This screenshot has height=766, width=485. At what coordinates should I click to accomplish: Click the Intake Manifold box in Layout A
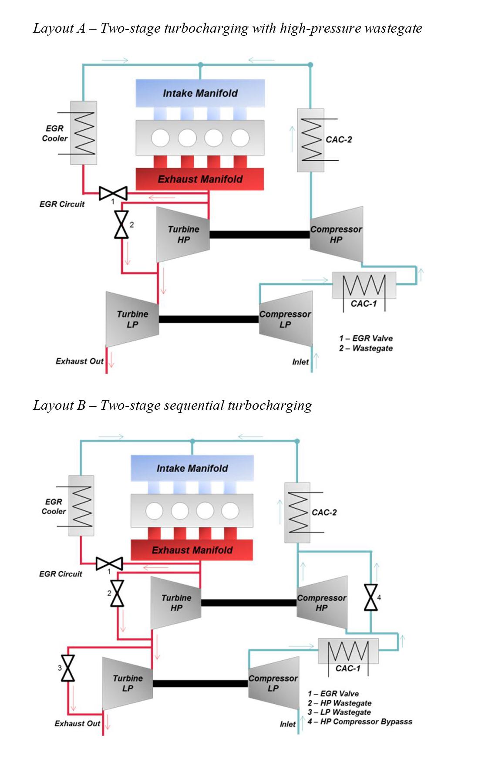[x=200, y=93]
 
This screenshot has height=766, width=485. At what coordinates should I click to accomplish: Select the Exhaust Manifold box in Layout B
[x=192, y=550]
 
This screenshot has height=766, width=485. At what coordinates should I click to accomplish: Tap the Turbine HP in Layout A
[x=183, y=235]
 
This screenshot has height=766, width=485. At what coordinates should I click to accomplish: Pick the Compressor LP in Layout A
[x=286, y=319]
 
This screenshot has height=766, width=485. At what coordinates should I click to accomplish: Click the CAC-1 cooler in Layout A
[x=364, y=286]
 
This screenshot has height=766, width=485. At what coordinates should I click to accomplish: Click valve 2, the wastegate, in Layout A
[x=121, y=225]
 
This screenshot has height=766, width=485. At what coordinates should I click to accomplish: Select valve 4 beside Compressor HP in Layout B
[x=371, y=597]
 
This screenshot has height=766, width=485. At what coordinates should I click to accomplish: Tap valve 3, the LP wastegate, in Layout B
[x=68, y=668]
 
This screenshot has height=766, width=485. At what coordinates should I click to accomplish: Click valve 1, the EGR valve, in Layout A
[x=113, y=193]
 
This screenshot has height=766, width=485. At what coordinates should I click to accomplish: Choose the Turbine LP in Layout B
[x=128, y=683]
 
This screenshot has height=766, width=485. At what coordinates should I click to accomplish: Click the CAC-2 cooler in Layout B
[x=298, y=513]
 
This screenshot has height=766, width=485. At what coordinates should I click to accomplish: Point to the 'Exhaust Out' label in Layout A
[x=80, y=361]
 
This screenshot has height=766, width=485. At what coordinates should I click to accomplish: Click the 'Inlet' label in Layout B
[x=288, y=724]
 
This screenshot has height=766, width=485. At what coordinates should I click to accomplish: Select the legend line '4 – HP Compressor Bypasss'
[x=360, y=722]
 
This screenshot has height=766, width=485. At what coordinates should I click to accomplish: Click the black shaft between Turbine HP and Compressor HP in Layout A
[x=259, y=235]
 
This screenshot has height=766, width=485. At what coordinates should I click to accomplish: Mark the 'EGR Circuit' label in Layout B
[x=61, y=574]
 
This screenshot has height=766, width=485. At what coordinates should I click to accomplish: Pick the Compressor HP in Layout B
[x=322, y=603]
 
